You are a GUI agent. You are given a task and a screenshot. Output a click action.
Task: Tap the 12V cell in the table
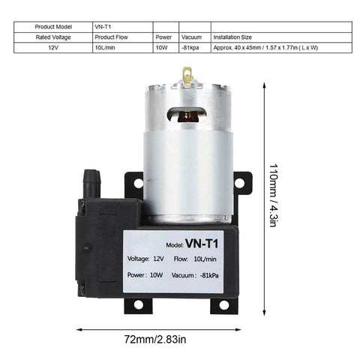[52, 46]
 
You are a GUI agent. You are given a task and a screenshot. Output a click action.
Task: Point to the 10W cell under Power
[165, 46]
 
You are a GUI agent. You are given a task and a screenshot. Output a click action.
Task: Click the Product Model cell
[52, 26]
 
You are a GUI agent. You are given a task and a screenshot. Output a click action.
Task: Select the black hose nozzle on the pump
[90, 181]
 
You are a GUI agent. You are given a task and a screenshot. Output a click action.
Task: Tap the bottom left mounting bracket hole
[138, 305]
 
